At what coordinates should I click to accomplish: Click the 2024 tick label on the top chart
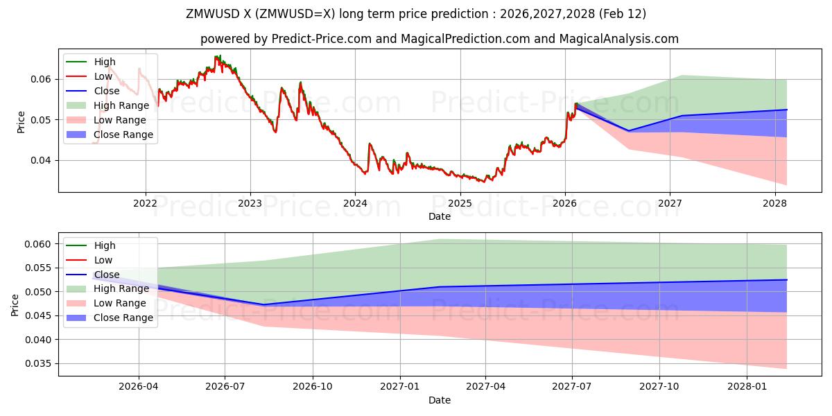(355, 203)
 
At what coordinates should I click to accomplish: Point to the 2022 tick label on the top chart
(145, 203)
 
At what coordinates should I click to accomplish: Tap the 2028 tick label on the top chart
(774, 203)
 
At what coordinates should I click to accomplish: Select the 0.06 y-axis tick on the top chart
(41, 79)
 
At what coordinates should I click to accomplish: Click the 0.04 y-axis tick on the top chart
(41, 160)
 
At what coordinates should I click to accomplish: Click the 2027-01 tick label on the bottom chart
(399, 387)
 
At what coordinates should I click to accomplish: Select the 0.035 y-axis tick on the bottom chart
(38, 363)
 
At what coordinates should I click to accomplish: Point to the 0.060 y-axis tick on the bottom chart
(38, 244)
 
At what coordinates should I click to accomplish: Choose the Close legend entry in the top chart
(106, 91)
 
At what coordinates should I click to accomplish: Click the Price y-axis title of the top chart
(21, 122)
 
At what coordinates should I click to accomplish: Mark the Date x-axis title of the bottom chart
(440, 400)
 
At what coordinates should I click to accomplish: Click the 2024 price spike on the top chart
(370, 144)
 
